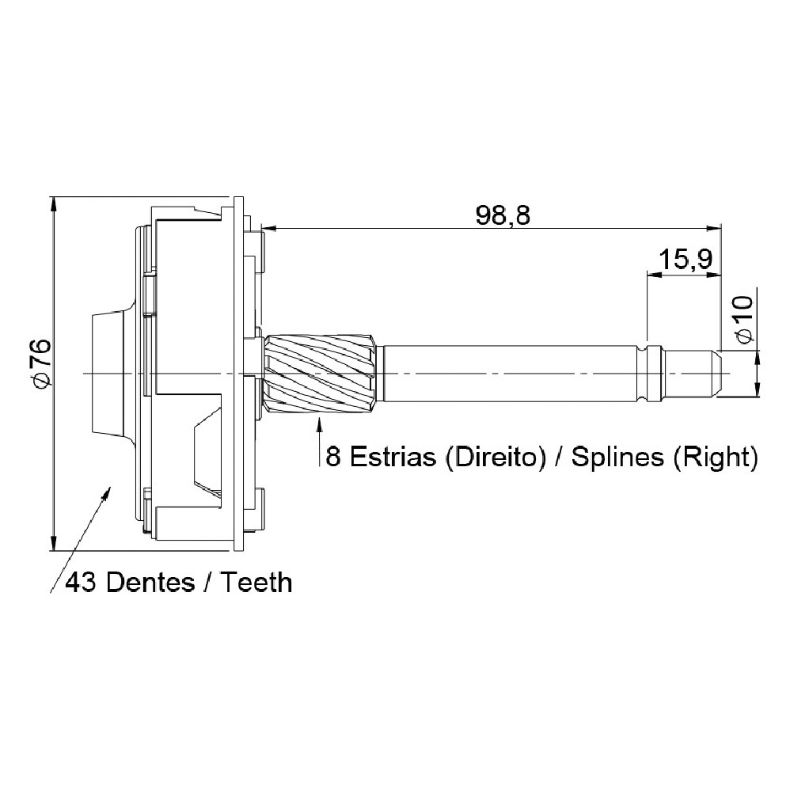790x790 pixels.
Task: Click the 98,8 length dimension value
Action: point(503,215)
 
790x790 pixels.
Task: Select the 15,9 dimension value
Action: point(686,260)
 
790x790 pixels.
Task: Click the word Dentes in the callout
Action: point(150,583)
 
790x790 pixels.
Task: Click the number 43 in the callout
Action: point(81,583)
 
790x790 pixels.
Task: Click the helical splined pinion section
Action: point(320,374)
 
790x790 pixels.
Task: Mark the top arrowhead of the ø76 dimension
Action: point(53,203)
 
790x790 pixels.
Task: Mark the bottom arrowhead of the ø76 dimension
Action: point(53,544)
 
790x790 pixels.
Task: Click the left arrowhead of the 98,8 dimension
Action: point(268,229)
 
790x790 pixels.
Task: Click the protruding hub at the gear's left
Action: point(107,374)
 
